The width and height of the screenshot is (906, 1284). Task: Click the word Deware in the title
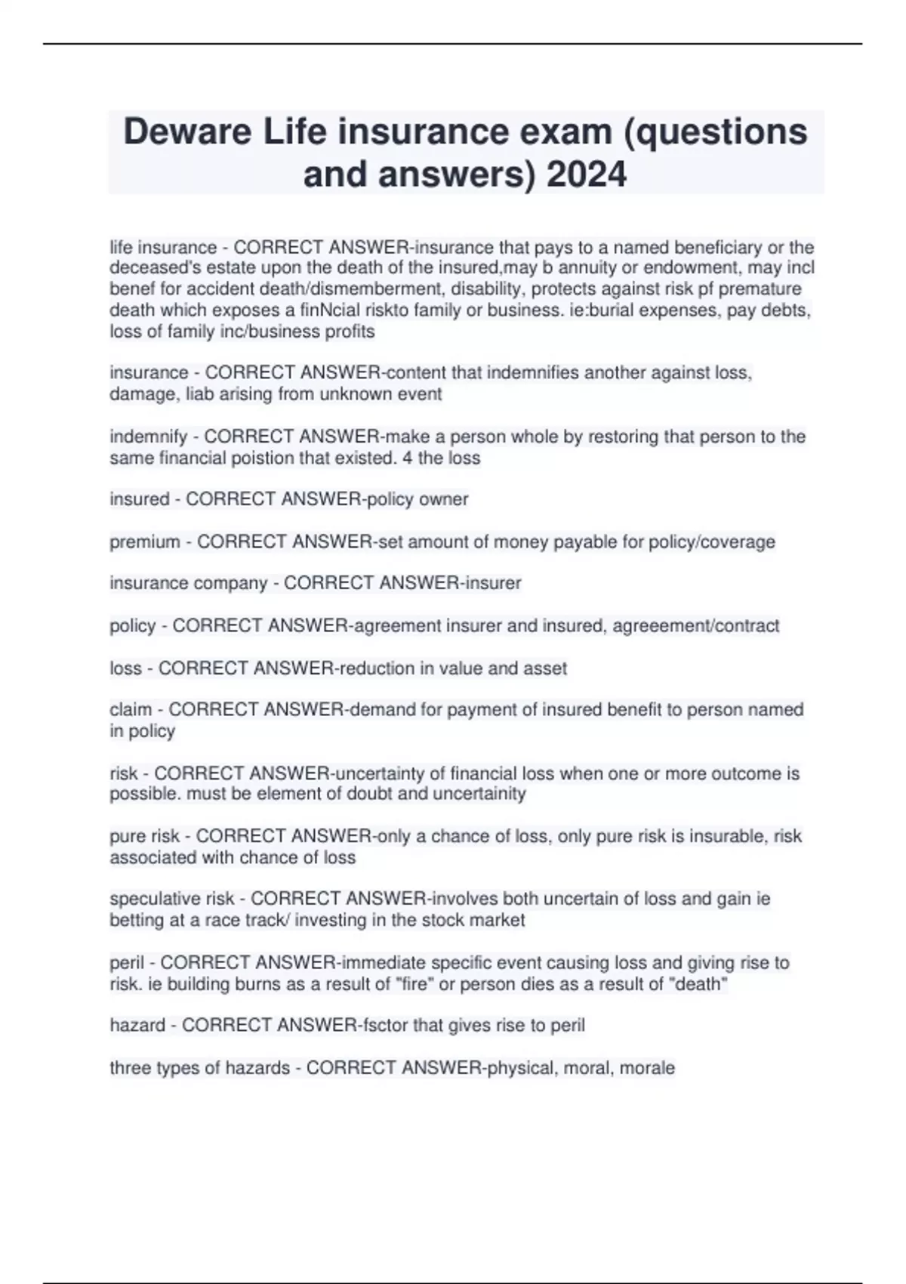pos(187,132)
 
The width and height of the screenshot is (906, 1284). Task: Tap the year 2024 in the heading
pos(586,174)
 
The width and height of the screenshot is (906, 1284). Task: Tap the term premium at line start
pos(145,542)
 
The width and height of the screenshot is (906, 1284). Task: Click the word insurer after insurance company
pos(495,584)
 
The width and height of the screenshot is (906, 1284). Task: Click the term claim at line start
pos(131,710)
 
